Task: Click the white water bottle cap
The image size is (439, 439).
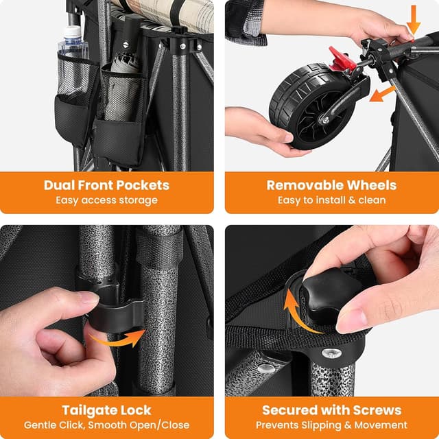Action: pyautogui.click(x=72, y=32)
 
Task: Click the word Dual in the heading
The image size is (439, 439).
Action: pyautogui.click(x=58, y=185)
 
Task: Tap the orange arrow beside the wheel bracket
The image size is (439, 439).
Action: pyautogui.click(x=382, y=94)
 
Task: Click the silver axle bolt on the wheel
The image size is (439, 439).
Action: pyautogui.click(x=325, y=120)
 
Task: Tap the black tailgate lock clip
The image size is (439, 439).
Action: pyautogui.click(x=115, y=314)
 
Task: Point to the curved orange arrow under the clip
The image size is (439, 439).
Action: pyautogui.click(x=117, y=338)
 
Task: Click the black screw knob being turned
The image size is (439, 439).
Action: pyautogui.click(x=332, y=295)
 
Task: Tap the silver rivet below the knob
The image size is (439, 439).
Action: pyautogui.click(x=331, y=353)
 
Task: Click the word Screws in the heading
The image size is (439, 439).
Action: pyautogui.click(x=377, y=410)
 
